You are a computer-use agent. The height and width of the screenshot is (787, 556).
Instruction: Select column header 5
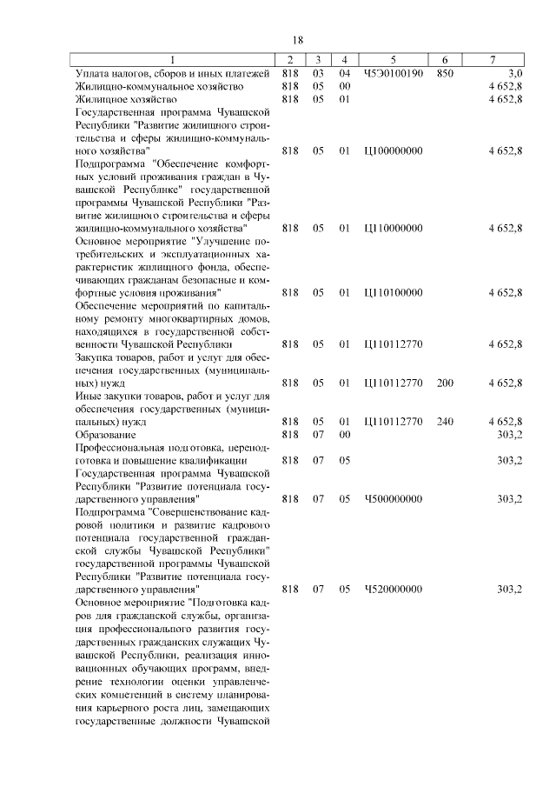pyautogui.click(x=394, y=60)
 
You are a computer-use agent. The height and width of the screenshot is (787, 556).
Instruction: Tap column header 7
pyautogui.click(x=493, y=60)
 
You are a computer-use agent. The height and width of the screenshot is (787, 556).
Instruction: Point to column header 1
pyautogui.click(x=171, y=60)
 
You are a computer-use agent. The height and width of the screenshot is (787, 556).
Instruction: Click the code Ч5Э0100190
pyautogui.click(x=394, y=74)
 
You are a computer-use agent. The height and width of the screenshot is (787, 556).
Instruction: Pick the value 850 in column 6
pyautogui.click(x=445, y=74)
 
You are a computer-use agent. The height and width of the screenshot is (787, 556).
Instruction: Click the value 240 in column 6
pyautogui.click(x=445, y=421)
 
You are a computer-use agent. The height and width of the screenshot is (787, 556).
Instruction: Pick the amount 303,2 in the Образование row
pyautogui.click(x=508, y=434)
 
